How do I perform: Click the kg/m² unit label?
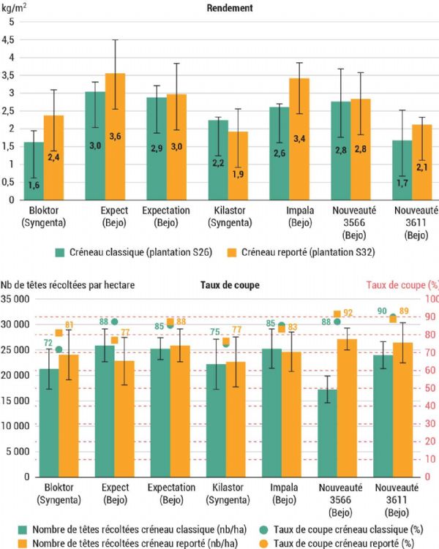(15, 8)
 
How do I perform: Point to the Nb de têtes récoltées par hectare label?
(67, 287)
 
